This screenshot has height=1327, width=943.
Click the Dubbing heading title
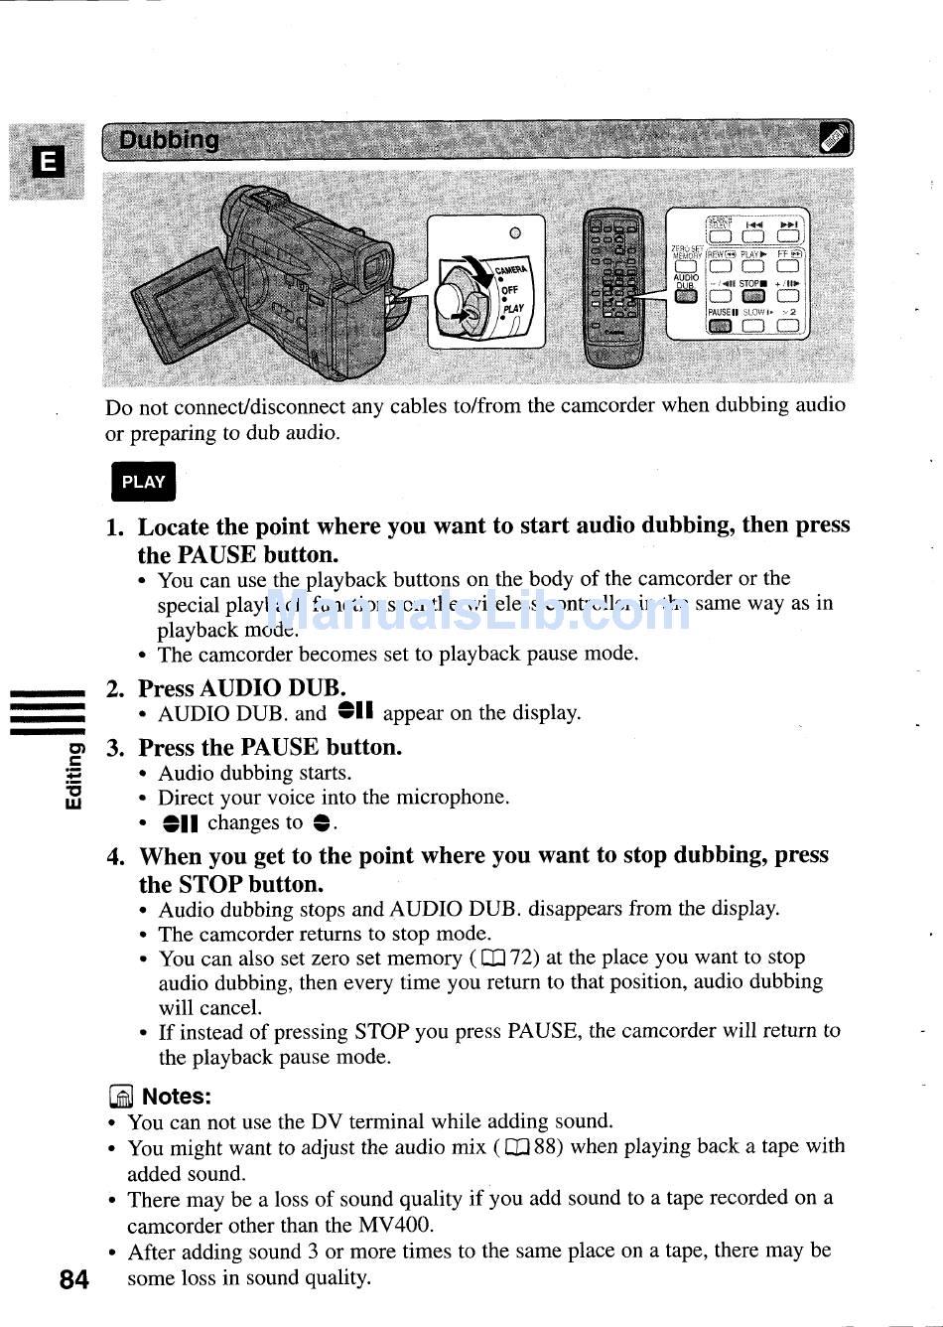[x=169, y=140]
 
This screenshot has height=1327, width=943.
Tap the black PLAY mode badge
[x=143, y=482]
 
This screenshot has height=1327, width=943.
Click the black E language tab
[x=47, y=161]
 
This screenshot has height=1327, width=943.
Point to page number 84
[x=73, y=1279]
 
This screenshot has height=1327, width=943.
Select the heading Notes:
[x=177, y=1097]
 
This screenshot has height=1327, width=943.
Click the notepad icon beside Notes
[x=120, y=1098]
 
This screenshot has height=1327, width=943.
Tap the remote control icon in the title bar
[x=834, y=140]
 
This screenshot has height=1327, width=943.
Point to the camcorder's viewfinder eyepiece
[x=373, y=268]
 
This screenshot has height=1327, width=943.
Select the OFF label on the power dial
[x=509, y=290]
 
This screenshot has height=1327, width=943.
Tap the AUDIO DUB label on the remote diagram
[x=686, y=281]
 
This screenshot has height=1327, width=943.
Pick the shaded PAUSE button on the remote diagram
[x=722, y=326]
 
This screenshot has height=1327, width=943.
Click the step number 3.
[x=115, y=748]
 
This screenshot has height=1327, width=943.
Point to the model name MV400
[x=397, y=1225]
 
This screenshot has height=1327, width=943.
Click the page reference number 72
[x=522, y=958]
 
